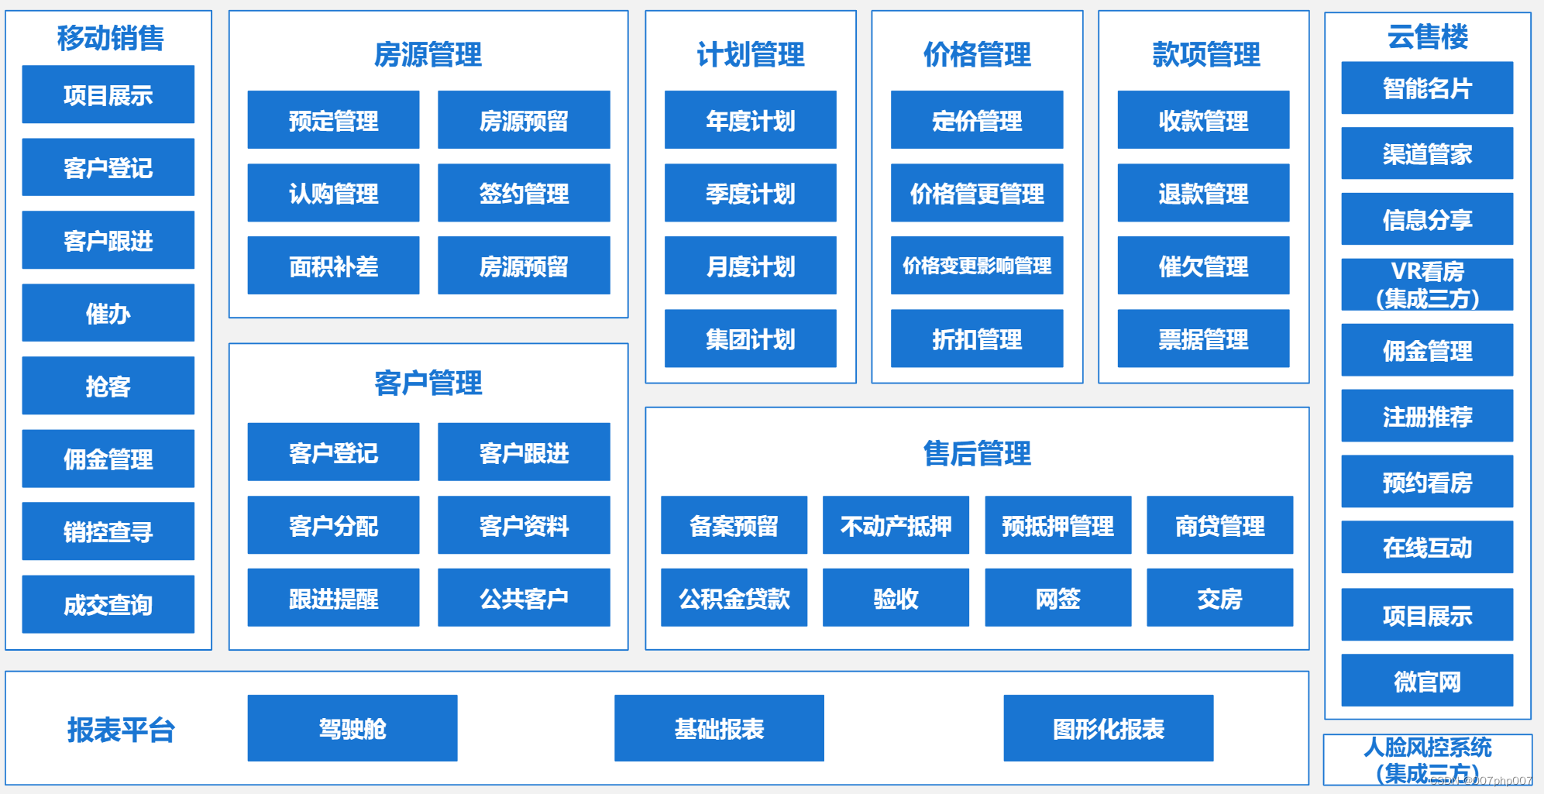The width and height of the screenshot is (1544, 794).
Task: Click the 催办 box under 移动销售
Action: [x=108, y=313]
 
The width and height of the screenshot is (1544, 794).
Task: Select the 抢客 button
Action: [x=108, y=386]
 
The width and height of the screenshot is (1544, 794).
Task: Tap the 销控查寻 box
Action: [x=108, y=531]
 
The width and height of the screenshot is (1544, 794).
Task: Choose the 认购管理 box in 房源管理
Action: [x=333, y=193]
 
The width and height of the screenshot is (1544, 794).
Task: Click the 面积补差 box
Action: [x=333, y=266]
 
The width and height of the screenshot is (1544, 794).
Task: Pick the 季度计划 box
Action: [x=750, y=193]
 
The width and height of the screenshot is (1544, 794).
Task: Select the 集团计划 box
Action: [x=750, y=339]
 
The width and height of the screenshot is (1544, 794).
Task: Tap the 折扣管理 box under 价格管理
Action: [x=976, y=339]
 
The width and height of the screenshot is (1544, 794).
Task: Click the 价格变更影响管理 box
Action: [x=976, y=266]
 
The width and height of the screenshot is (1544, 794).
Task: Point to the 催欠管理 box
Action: [x=1203, y=266]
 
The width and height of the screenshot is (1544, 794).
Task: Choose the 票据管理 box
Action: [x=1203, y=339]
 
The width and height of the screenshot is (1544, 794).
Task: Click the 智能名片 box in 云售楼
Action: [x=1427, y=88]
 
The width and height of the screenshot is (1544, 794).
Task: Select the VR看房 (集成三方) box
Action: [x=1427, y=284]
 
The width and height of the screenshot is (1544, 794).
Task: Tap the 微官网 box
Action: [x=1427, y=681]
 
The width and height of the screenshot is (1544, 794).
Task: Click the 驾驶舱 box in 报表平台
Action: [x=352, y=728]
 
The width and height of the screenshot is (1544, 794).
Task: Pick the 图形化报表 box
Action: [x=1108, y=728]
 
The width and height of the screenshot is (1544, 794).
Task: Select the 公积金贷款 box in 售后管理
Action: [x=734, y=598]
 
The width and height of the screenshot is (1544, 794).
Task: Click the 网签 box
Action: [x=1057, y=598]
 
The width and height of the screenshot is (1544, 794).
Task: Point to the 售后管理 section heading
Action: [x=977, y=453]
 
